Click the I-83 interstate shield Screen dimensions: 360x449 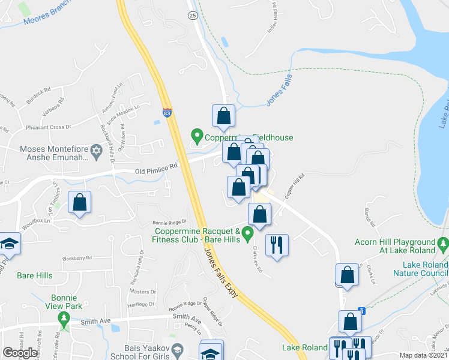[167, 112]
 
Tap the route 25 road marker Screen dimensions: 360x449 [191, 15]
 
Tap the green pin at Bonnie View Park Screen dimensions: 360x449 [63, 317]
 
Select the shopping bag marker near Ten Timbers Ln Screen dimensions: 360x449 [79, 202]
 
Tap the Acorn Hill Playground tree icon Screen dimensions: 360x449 [443, 244]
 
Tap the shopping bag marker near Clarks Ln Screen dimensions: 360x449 [348, 275]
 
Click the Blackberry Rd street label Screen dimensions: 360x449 [76, 259]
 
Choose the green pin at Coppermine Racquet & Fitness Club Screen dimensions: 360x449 [246, 239]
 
